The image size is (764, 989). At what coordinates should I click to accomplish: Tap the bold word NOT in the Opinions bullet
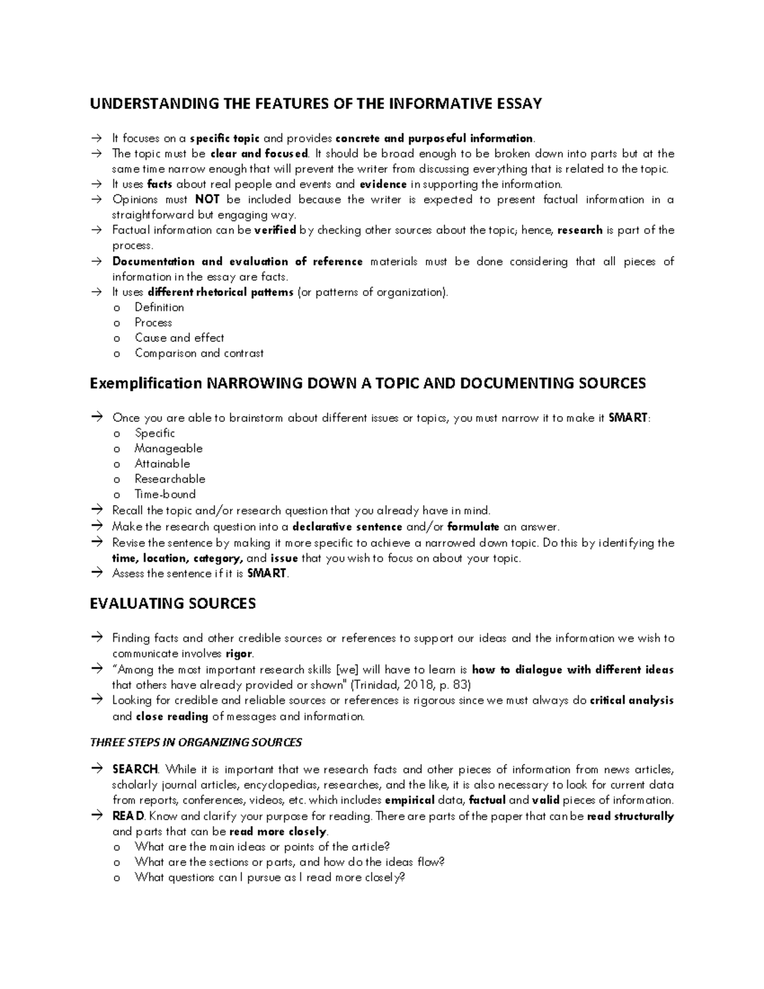(x=207, y=200)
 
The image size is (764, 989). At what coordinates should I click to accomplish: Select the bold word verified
(x=275, y=231)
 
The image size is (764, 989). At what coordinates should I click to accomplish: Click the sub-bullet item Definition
(x=159, y=308)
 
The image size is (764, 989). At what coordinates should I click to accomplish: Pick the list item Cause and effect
(x=179, y=338)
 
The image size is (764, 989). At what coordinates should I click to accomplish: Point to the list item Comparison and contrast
(x=199, y=353)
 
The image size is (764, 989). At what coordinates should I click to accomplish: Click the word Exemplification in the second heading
(x=145, y=383)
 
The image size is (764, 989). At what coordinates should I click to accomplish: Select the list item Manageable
(x=168, y=448)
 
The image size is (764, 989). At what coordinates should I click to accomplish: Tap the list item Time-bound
(x=165, y=494)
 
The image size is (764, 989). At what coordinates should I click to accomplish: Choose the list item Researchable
(x=169, y=479)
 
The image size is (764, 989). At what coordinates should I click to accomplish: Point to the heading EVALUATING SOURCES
(x=173, y=604)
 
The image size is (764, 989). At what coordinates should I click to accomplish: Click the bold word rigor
(x=239, y=654)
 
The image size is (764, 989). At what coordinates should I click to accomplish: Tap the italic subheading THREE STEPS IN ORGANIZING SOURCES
(x=196, y=743)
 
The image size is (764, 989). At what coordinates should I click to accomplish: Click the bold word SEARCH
(x=135, y=769)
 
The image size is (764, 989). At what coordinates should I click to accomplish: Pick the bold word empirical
(x=410, y=800)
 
